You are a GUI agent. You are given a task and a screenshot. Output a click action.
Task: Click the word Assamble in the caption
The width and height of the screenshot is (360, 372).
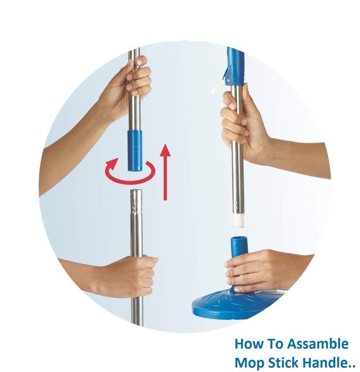[317, 344]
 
